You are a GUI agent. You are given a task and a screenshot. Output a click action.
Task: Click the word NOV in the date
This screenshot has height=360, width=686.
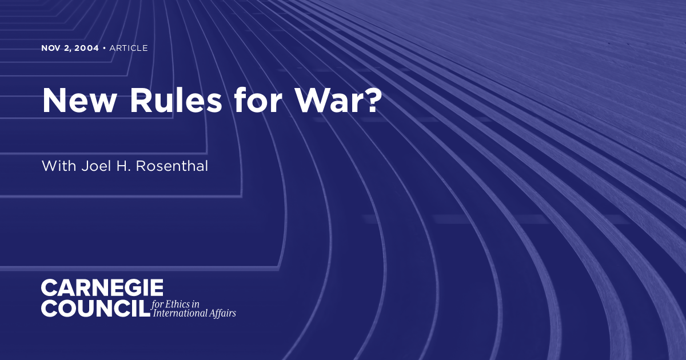pos(50,48)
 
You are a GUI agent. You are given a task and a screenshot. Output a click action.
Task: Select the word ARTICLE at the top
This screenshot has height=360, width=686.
pos(128,48)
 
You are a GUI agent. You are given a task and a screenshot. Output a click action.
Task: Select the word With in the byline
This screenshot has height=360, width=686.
pos(56,166)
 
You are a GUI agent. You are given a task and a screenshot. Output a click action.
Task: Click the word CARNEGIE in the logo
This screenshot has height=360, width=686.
pos(102,288)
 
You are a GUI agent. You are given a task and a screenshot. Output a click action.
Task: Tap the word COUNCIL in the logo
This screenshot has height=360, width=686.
pos(95,308)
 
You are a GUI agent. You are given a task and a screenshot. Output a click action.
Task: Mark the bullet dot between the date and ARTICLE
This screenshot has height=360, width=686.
pos(103,48)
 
